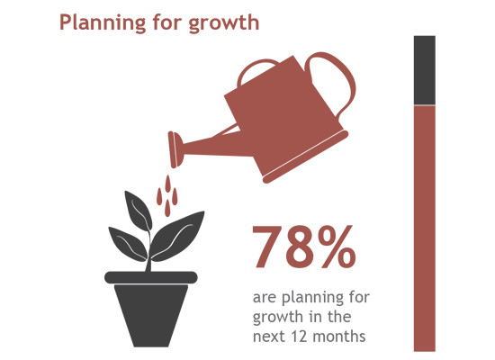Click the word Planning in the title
[103, 22]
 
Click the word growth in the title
[224, 22]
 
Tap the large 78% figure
[304, 247]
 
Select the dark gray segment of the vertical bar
[425, 70]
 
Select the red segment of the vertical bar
[425, 229]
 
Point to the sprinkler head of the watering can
[175, 149]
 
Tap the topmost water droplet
[168, 184]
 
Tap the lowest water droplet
[167, 209]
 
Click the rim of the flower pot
[151, 277]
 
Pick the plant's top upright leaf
[138, 211]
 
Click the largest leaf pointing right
[176, 237]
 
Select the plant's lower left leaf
[128, 244]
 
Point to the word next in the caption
[270, 337]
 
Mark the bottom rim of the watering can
[306, 157]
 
